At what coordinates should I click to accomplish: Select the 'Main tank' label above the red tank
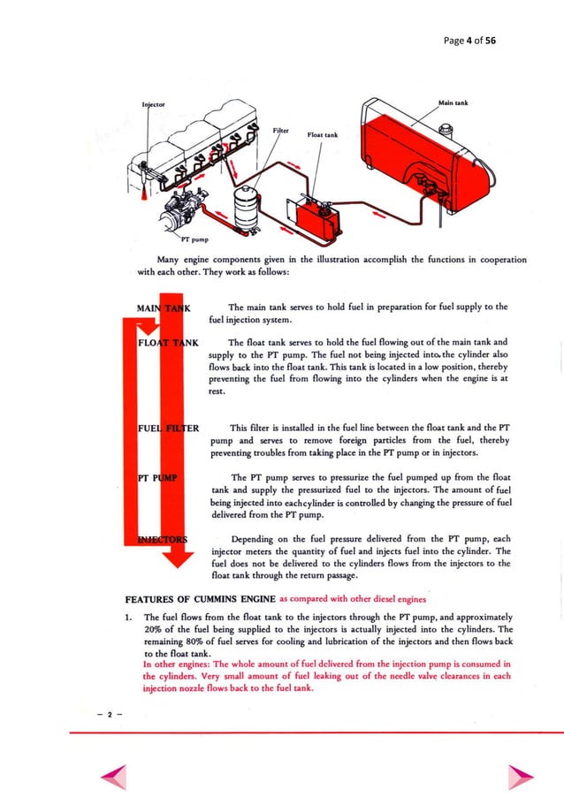pos(452,102)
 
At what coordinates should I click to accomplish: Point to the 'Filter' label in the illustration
pos(282,129)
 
